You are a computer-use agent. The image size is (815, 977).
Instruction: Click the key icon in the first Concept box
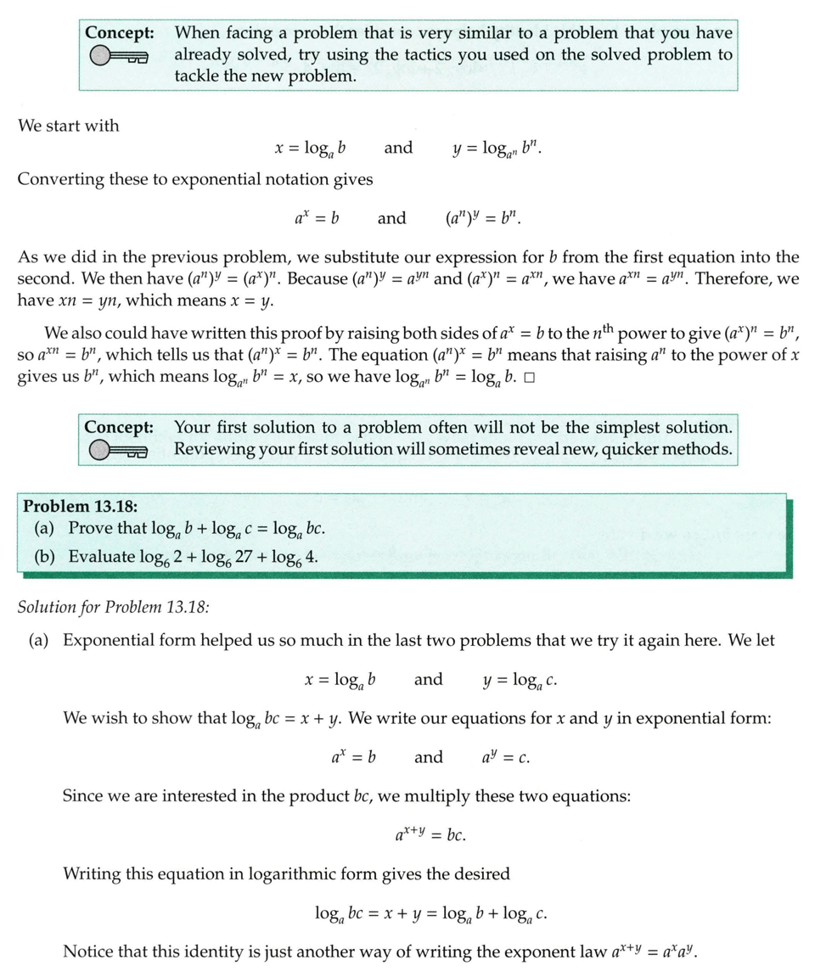118,57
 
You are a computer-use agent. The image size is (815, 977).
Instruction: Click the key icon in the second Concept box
118,451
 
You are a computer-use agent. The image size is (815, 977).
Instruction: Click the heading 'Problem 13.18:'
80,506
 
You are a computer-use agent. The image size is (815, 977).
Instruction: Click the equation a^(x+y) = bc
430,835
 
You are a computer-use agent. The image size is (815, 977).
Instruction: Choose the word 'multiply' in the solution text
458,796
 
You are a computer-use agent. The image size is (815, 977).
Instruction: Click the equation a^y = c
506,757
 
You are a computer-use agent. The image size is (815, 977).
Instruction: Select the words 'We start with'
69,126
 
